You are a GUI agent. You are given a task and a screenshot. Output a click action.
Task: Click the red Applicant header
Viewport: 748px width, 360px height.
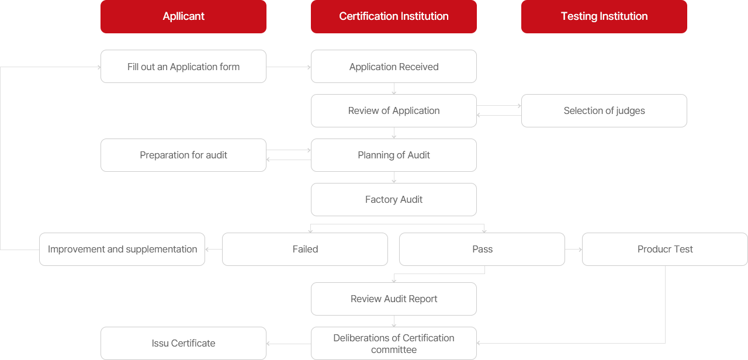pos(183,16)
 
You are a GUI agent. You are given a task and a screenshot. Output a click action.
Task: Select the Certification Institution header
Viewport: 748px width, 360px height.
pos(394,16)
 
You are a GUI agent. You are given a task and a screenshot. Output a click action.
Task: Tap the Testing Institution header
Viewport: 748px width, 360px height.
pos(604,16)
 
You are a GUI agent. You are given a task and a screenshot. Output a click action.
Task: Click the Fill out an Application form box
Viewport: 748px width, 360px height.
pos(183,67)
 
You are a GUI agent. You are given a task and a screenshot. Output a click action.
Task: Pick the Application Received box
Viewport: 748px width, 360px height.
pos(394,67)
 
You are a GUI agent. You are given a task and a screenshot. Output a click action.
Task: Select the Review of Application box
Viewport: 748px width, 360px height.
pos(394,110)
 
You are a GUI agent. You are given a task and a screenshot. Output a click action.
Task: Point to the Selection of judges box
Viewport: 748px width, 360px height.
pos(604,110)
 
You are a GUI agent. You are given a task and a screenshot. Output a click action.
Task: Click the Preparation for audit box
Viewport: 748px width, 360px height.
pos(183,155)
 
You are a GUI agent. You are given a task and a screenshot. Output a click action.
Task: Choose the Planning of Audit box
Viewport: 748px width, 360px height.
pos(394,155)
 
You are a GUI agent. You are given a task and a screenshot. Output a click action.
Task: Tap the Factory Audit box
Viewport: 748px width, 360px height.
pos(394,199)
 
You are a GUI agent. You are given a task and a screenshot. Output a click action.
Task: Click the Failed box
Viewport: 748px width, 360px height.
pos(305,249)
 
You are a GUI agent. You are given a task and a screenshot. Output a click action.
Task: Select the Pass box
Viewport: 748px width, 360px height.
pos(482,249)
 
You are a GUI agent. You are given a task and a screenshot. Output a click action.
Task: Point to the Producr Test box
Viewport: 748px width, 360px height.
pos(665,249)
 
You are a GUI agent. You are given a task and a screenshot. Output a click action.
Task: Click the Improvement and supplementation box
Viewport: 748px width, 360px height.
pos(122,249)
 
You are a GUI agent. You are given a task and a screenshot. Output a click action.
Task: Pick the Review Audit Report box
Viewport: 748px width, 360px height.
pos(394,299)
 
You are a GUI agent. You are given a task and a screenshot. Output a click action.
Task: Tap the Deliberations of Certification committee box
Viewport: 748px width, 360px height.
pos(394,343)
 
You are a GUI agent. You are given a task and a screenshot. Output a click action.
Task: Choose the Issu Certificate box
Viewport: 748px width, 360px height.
pos(183,343)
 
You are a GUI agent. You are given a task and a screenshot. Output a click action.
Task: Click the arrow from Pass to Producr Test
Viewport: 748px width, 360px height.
pos(573,250)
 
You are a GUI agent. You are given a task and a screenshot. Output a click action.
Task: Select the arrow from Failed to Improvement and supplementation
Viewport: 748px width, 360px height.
pos(214,250)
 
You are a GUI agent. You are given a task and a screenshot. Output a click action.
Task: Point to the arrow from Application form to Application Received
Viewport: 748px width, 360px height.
pos(289,67)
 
